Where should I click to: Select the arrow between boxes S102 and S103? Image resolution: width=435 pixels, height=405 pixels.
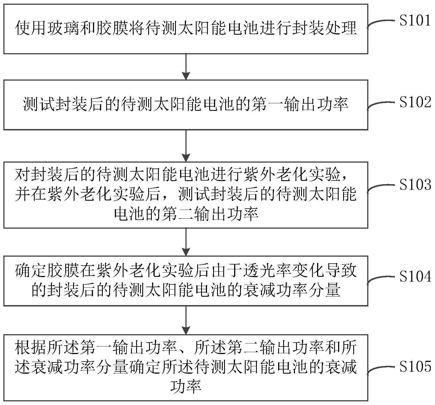[x=186, y=146]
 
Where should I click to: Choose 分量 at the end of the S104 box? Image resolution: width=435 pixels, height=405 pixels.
[x=324, y=290]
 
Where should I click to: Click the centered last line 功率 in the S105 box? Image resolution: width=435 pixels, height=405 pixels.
[x=186, y=387]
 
